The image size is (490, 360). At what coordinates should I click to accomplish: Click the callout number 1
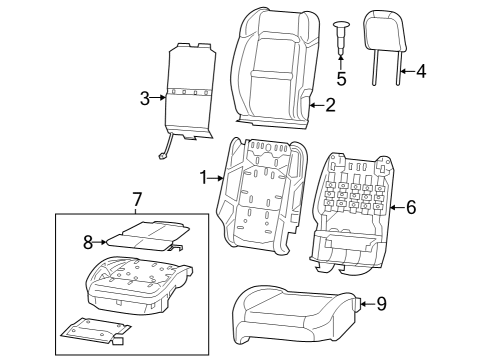pos(203,177)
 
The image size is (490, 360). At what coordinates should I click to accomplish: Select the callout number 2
pos(330,103)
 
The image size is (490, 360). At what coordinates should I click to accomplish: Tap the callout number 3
pos(144,97)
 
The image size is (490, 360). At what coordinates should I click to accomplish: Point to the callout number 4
pos(421,71)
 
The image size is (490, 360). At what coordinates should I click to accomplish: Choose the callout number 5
pos(341,77)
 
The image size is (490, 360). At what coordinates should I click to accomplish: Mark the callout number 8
pos(87,240)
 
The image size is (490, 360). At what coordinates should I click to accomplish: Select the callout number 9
pos(381,304)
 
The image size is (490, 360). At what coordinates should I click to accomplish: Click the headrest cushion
pos(383,29)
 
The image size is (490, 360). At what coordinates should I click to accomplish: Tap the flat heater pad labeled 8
pos(140,235)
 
